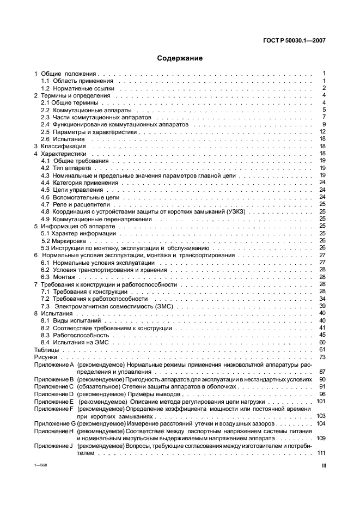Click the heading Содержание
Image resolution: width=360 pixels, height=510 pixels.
coord(180,58)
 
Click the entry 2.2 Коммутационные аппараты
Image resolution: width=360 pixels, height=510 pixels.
coord(78,110)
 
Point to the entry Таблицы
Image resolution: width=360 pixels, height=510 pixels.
coord(46,349)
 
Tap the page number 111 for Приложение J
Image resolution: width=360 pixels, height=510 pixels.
coord(321,452)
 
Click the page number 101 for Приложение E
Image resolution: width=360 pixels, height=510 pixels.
coord(321,400)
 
